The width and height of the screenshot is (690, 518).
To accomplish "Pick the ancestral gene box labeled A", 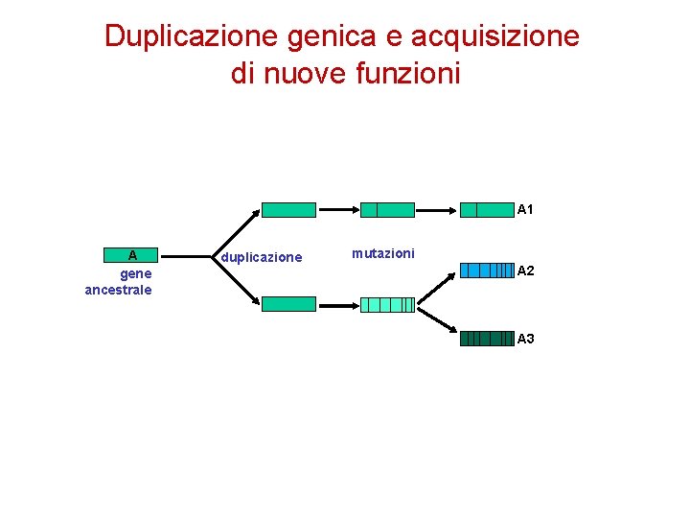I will [131, 255].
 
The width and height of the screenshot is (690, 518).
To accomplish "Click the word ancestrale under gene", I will [118, 290].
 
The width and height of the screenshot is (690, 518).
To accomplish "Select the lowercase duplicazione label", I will [262, 257].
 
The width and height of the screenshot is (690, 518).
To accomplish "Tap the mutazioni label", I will [383, 253].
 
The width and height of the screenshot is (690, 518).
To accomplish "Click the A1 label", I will [525, 209].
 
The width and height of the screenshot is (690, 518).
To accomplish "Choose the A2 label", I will [525, 271].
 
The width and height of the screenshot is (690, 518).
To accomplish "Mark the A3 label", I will [525, 339].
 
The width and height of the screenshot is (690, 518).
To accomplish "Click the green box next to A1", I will [487, 210].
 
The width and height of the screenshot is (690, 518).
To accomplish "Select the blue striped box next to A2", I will [487, 271].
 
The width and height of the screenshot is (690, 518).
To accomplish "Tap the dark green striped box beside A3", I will [487, 339].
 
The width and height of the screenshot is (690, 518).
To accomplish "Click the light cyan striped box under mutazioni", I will [387, 305].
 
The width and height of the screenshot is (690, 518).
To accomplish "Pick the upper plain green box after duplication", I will [288, 210].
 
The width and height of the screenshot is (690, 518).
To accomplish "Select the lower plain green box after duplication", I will [288, 304].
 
